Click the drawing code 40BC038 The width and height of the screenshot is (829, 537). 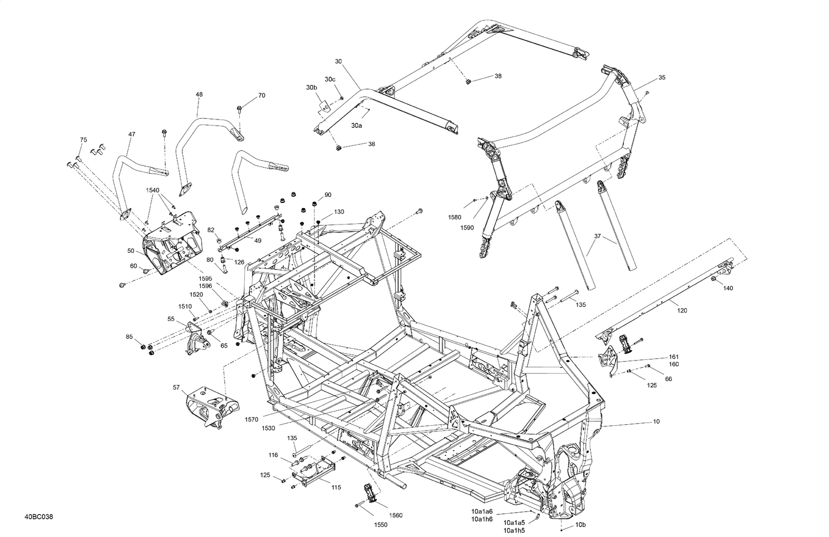pos(38,517)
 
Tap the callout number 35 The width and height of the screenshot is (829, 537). pos(662,77)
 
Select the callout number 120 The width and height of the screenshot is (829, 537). pos(682,310)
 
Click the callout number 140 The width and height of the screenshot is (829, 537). pos(728,288)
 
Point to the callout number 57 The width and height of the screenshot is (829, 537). pos(176,388)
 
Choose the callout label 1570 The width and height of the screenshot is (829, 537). pos(252,420)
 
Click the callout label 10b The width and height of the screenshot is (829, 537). pos(580,524)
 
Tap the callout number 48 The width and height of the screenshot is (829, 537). pos(199,95)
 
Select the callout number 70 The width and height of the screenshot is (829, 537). pos(261,95)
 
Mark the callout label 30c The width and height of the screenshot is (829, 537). pos(330,79)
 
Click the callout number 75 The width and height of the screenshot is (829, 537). pos(83,139)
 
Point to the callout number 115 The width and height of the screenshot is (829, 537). pos(335,487)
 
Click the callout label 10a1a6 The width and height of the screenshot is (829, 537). pos(482,511)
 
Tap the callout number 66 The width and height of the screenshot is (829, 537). pos(668,379)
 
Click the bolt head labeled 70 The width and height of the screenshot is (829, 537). pos(239,108)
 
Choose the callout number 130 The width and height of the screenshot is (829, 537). pos(339,212)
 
